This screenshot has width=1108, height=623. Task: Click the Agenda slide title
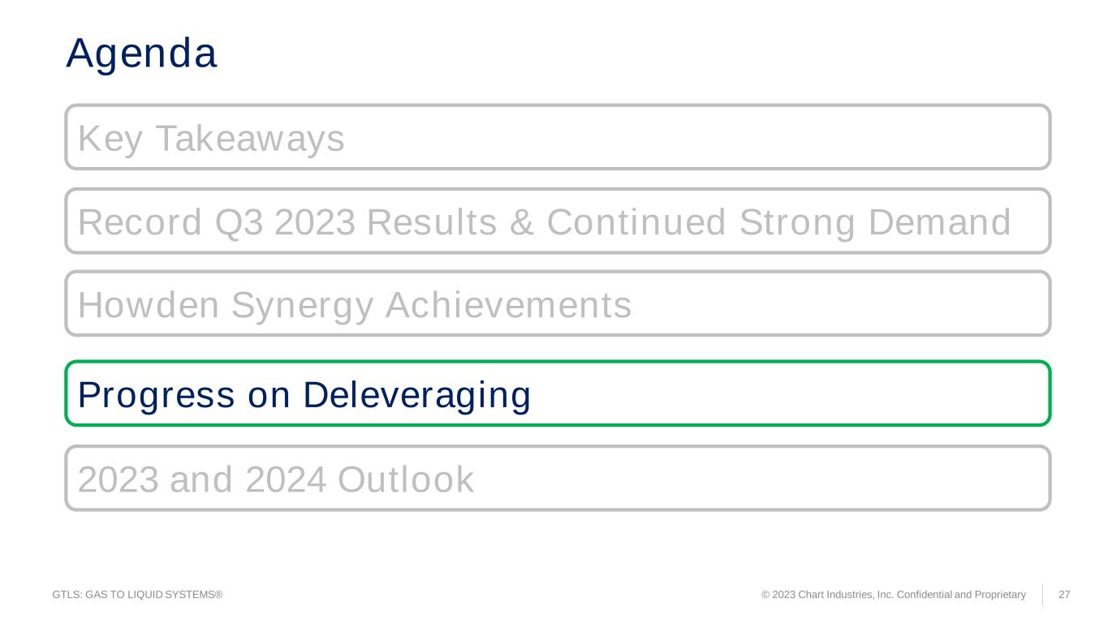click(141, 54)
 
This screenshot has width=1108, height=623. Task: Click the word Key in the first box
click(110, 139)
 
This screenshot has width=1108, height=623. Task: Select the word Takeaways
click(250, 139)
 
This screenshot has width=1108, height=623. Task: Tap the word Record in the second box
click(140, 222)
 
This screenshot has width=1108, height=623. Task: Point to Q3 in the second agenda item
click(239, 222)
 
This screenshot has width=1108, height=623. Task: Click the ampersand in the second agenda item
click(522, 222)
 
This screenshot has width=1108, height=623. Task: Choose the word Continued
click(636, 222)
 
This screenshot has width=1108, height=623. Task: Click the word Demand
click(939, 222)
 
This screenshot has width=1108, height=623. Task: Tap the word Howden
click(149, 304)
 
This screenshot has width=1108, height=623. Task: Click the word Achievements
click(508, 304)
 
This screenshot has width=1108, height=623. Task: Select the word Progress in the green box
click(157, 396)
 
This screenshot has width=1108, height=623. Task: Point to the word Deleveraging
click(416, 396)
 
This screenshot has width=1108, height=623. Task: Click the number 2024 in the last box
click(286, 479)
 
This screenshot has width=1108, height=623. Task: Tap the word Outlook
click(406, 479)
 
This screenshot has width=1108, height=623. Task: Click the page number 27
click(1064, 595)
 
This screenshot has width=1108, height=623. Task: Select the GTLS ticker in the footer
click(67, 595)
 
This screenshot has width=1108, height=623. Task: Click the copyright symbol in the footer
click(765, 595)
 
